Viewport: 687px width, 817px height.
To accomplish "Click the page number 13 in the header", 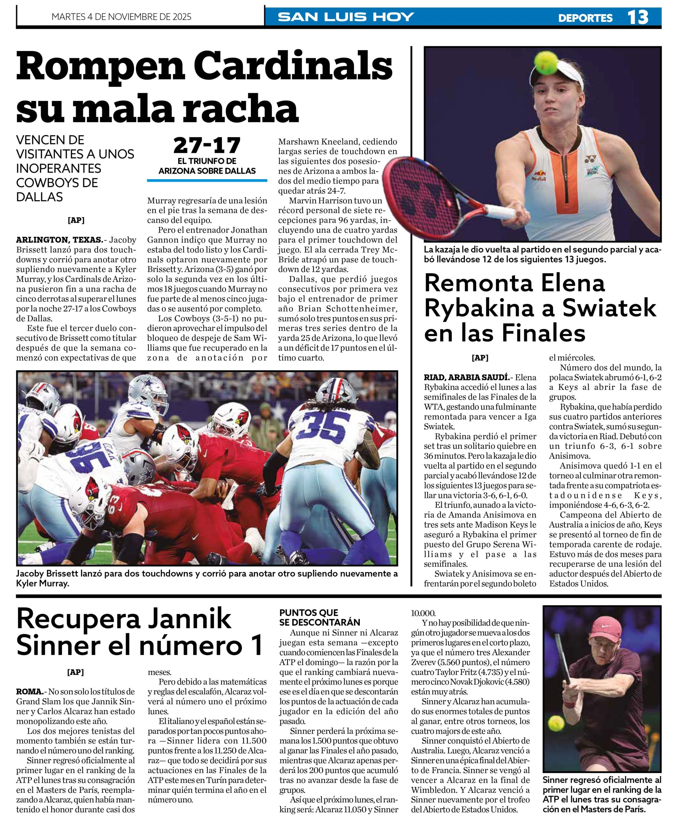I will [x=638, y=17].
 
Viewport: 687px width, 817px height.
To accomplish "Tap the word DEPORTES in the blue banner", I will [x=585, y=18].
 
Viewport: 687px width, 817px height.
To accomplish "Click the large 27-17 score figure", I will [x=207, y=146].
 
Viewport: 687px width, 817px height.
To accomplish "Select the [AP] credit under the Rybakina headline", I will [x=480, y=358].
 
